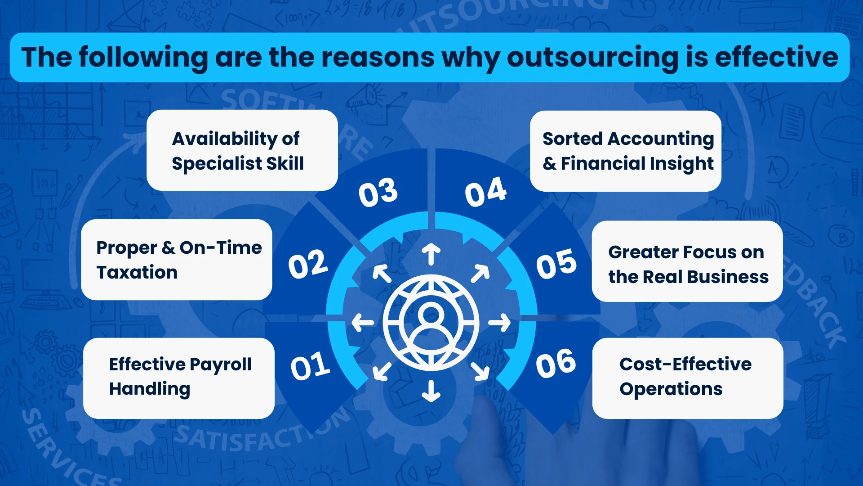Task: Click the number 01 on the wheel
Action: click(310, 365)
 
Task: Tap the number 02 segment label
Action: click(308, 264)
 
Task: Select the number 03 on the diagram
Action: click(378, 192)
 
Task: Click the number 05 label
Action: click(556, 263)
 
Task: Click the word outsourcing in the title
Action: click(592, 58)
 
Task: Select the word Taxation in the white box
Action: click(137, 272)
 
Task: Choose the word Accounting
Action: click(661, 139)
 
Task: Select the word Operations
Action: click(671, 389)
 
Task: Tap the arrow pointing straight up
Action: click(431, 254)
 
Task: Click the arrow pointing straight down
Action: click(431, 391)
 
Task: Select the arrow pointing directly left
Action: click(363, 323)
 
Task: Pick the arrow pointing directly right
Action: click(499, 323)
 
